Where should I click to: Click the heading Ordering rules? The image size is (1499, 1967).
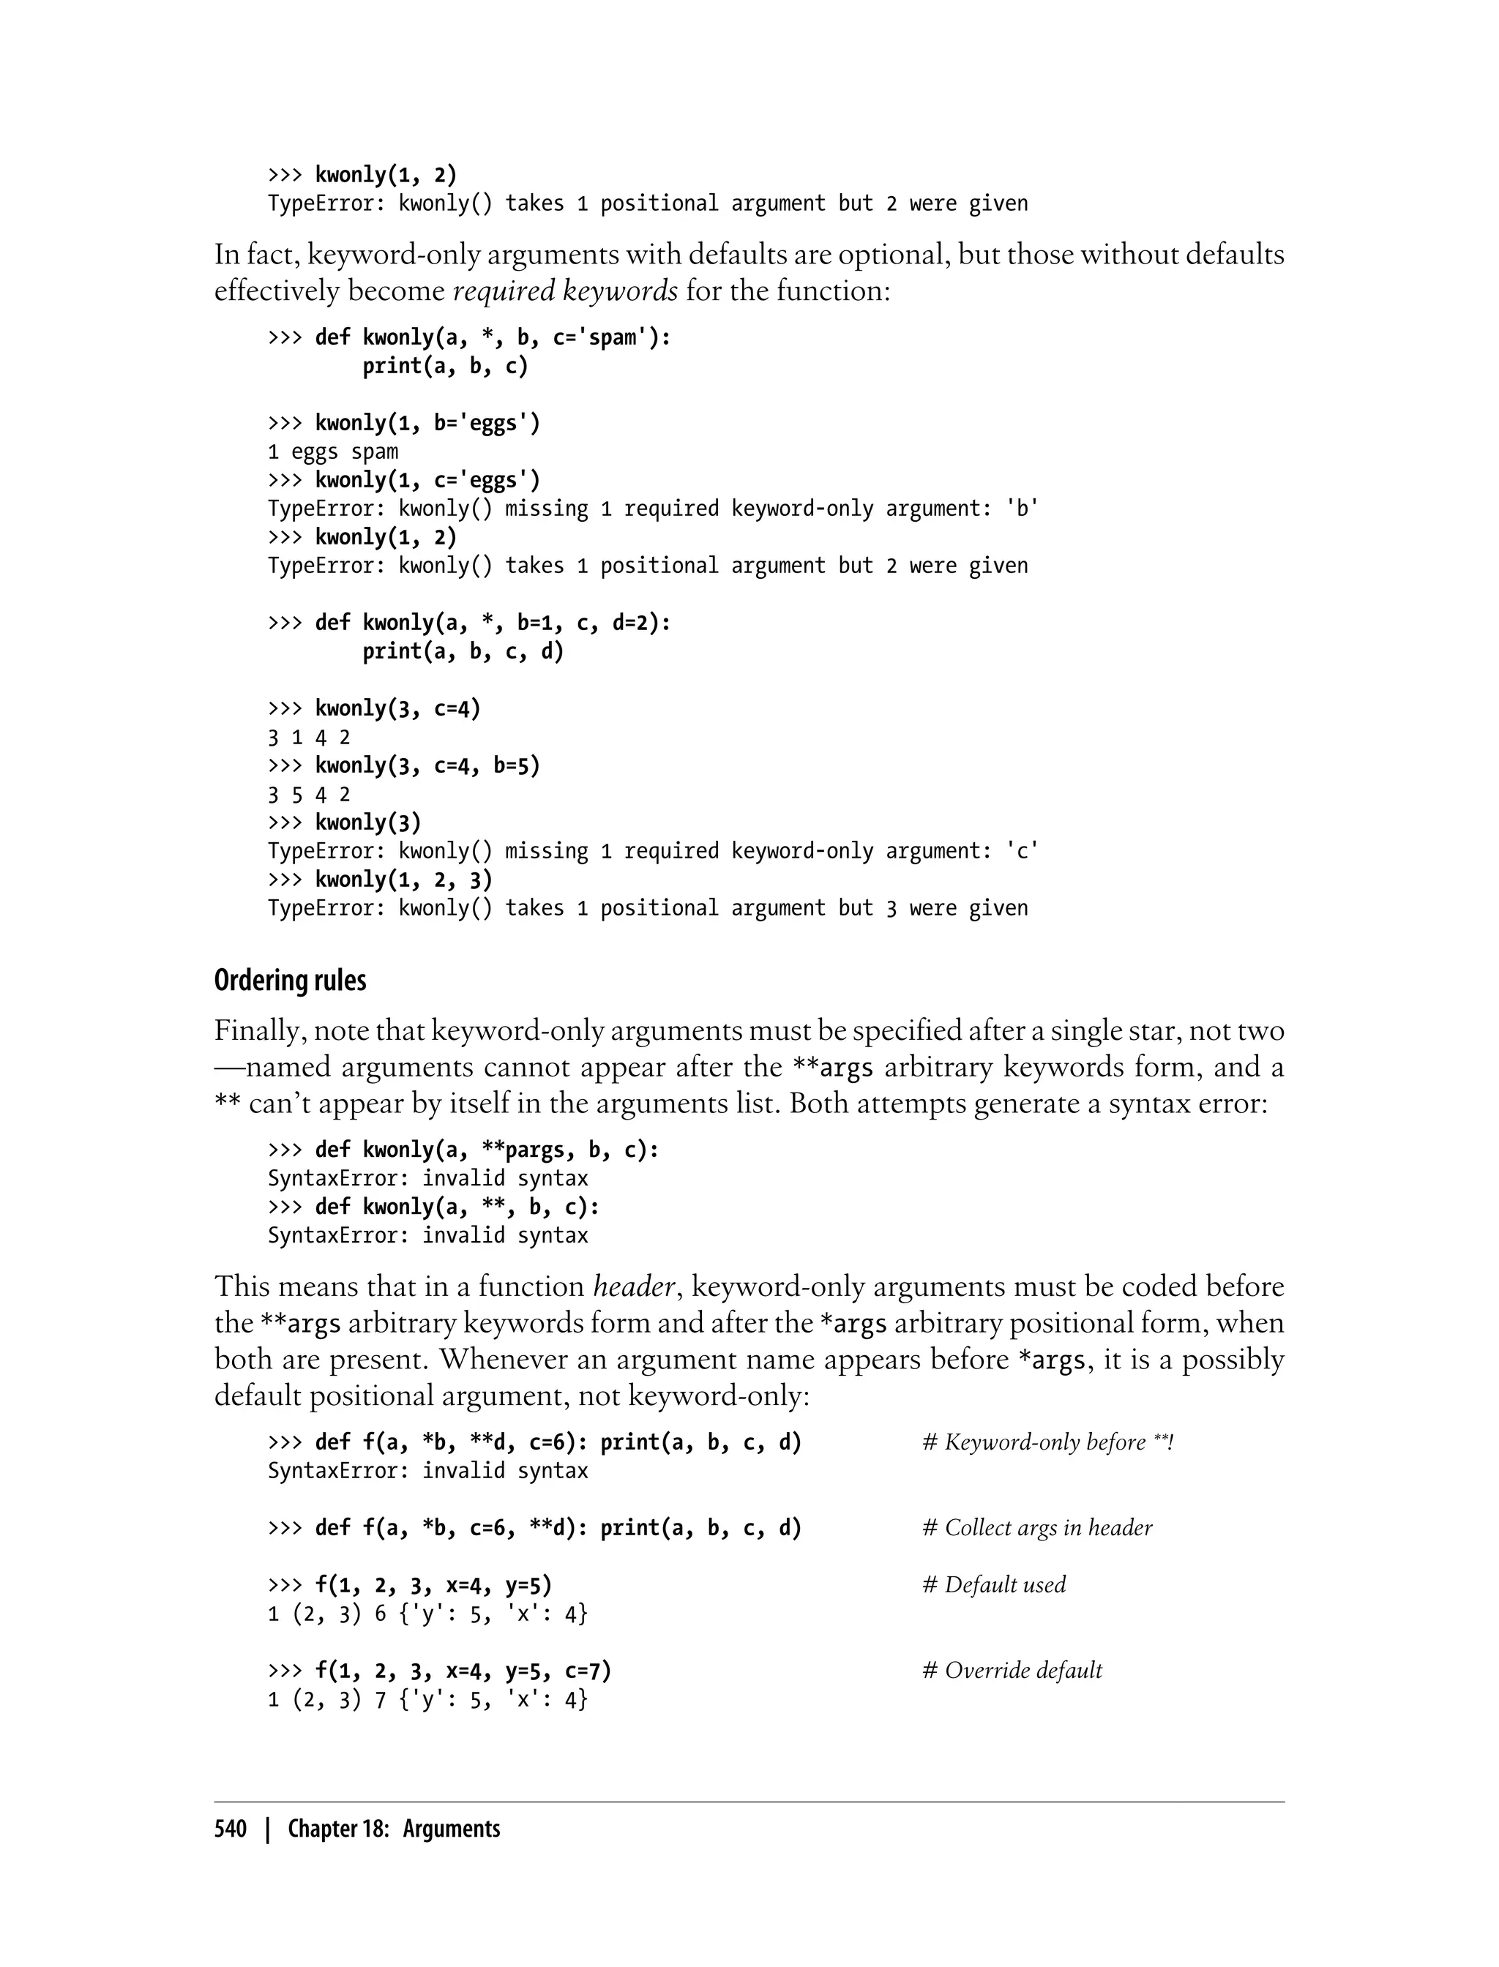pyautogui.click(x=290, y=981)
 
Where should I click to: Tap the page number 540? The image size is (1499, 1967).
pyautogui.click(x=231, y=1829)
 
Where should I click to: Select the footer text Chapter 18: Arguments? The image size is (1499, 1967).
pyautogui.click(x=394, y=1829)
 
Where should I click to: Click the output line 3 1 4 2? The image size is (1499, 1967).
pyautogui.click(x=309, y=738)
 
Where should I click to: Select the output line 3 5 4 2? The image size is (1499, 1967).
pyautogui.click(x=309, y=795)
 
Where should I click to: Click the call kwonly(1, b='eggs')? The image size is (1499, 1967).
pyautogui.click(x=427, y=423)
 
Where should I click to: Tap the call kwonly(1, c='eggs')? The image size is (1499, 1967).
pyautogui.click(x=427, y=480)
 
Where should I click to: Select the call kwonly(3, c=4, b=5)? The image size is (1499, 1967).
pyautogui.click(x=427, y=765)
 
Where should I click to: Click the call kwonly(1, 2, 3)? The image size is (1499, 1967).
pyautogui.click(x=403, y=880)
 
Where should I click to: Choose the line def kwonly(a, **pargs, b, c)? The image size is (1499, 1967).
pyautogui.click(x=486, y=1150)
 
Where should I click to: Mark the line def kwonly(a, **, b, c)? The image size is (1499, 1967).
pyautogui.click(x=457, y=1207)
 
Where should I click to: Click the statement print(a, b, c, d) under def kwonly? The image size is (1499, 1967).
pyautogui.click(x=463, y=651)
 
